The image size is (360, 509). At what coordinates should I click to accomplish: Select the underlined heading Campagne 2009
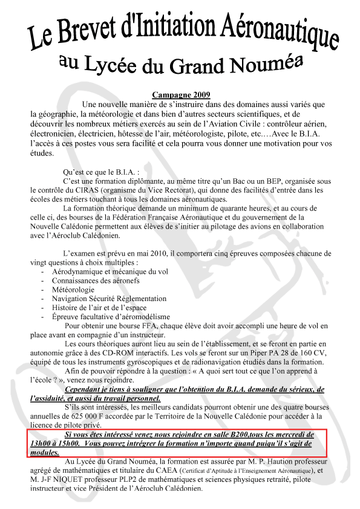(182, 95)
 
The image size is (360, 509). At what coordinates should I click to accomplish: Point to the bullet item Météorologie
(73, 290)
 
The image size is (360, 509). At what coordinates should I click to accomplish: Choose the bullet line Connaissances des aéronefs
(96, 280)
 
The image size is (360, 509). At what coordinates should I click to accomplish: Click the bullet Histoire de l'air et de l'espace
(99, 308)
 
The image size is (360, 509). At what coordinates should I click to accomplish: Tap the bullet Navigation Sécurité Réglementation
(109, 299)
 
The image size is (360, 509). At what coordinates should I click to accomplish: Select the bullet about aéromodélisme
(111, 317)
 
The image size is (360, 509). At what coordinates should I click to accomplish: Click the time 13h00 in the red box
(39, 444)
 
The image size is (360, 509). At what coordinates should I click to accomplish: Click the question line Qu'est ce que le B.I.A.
(103, 172)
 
